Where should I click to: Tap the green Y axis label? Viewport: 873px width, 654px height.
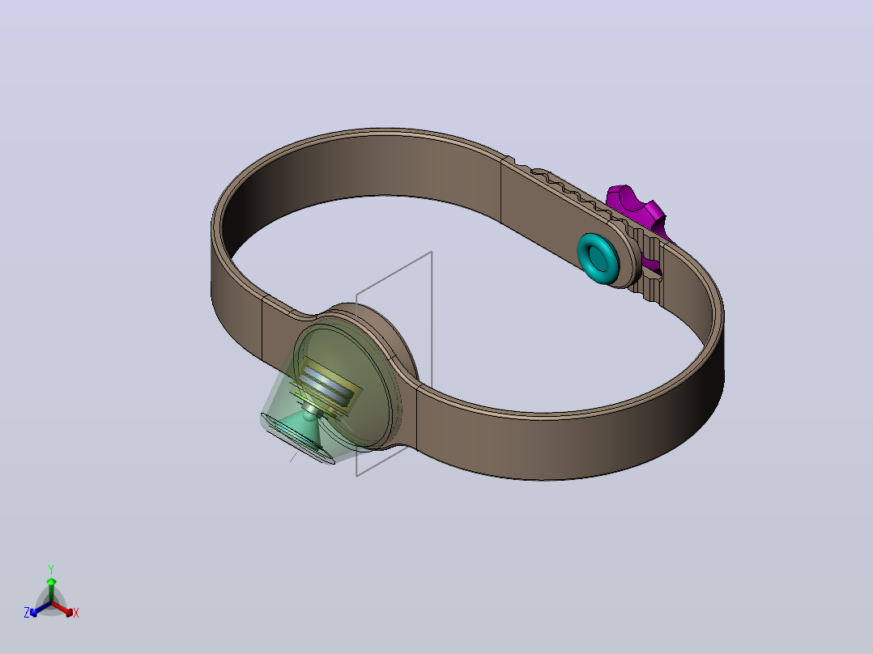click(51, 569)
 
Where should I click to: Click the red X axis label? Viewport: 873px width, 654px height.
click(76, 613)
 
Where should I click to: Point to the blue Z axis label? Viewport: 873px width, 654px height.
click(27, 613)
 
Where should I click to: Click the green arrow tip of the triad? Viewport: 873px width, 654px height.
click(51, 580)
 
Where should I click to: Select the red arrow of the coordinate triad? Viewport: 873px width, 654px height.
click(62, 609)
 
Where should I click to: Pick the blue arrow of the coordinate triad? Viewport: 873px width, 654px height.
click(40, 609)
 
